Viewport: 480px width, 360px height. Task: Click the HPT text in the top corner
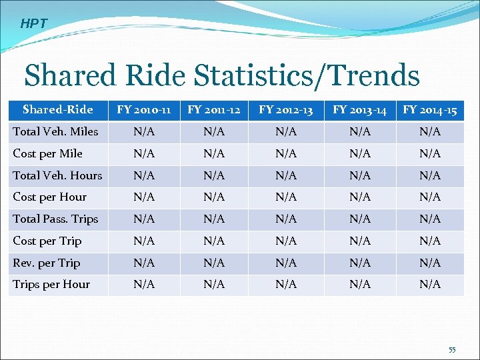[x=34, y=24]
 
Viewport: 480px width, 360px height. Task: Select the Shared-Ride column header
[x=58, y=109]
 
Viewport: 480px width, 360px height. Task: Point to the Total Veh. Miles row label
[x=55, y=131]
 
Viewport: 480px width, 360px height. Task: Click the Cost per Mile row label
[x=48, y=153]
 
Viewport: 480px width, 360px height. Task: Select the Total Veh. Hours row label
[x=58, y=175]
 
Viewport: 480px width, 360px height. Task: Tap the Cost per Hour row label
[x=50, y=197]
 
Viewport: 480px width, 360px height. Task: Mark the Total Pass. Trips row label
[x=55, y=219]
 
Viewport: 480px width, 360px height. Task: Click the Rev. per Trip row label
[x=47, y=263]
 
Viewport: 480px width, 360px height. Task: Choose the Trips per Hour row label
[x=51, y=284]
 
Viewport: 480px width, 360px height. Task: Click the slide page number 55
[x=452, y=350]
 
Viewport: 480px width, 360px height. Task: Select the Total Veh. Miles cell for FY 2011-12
[x=215, y=132]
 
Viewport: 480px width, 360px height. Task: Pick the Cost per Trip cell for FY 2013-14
[x=360, y=241]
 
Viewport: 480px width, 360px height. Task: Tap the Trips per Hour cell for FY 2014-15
[x=430, y=285]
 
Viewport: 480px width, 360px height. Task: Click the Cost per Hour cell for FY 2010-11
[x=144, y=197]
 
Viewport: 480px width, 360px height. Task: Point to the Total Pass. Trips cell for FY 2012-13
[x=286, y=219]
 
